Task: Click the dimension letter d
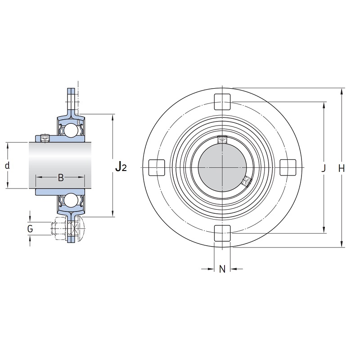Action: pyautogui.click(x=7, y=165)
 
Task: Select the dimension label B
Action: pyautogui.click(x=61, y=177)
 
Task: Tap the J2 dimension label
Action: pyautogui.click(x=121, y=166)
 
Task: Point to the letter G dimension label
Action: pyautogui.click(x=30, y=229)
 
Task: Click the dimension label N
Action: pyautogui.click(x=222, y=269)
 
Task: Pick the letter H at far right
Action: pyautogui.click(x=342, y=169)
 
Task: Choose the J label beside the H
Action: pyautogui.click(x=324, y=168)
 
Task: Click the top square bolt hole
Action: pyautogui.click(x=222, y=102)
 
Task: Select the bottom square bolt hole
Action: pyautogui.click(x=222, y=233)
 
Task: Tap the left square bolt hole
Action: pyautogui.click(x=157, y=167)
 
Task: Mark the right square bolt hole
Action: pyautogui.click(x=288, y=167)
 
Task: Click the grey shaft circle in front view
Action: pyautogui.click(x=222, y=167)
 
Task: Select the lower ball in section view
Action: pyautogui.click(x=71, y=200)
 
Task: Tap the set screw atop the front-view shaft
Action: pyautogui.click(x=222, y=139)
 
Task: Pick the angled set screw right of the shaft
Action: pyautogui.click(x=247, y=181)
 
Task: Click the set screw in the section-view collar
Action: pyautogui.click(x=45, y=138)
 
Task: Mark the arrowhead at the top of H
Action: pyautogui.click(x=342, y=91)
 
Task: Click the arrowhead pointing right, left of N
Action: pyautogui.click(x=211, y=269)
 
